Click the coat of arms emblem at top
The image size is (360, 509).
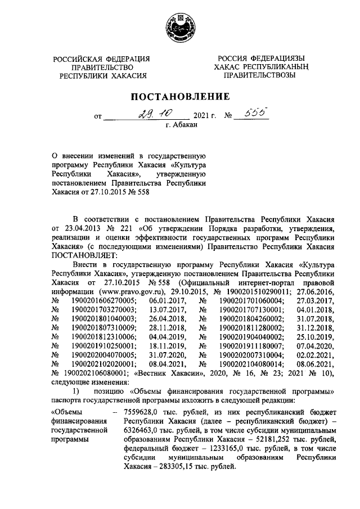180,28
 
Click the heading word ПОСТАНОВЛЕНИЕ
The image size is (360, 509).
180,96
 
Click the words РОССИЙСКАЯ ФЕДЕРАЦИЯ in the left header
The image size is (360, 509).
101,59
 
